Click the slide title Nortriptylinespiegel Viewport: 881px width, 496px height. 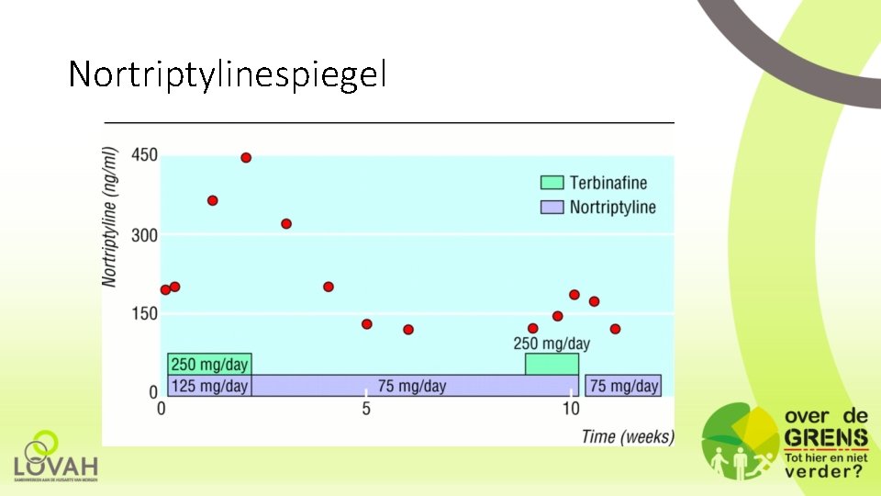(x=228, y=74)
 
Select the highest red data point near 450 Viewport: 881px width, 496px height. (x=246, y=158)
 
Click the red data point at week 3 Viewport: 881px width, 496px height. (x=286, y=224)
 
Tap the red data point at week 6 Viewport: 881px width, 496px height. (x=408, y=330)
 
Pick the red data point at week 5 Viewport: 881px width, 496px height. (x=367, y=324)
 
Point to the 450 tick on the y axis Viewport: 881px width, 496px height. (x=145, y=155)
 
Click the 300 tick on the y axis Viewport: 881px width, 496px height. (x=145, y=235)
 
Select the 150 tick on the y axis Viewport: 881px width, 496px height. (x=145, y=313)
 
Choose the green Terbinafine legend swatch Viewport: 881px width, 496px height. (x=552, y=183)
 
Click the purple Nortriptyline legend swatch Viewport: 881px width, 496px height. (x=552, y=208)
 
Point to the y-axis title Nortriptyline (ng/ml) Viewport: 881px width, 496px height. (x=111, y=217)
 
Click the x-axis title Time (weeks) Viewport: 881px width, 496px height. (x=628, y=436)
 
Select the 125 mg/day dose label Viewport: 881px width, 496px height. (x=209, y=386)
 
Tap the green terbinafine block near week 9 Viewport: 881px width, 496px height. (x=552, y=365)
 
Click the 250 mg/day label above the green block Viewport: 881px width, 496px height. (x=552, y=344)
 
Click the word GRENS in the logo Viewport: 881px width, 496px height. (x=826, y=438)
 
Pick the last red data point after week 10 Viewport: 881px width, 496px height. (x=615, y=329)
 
